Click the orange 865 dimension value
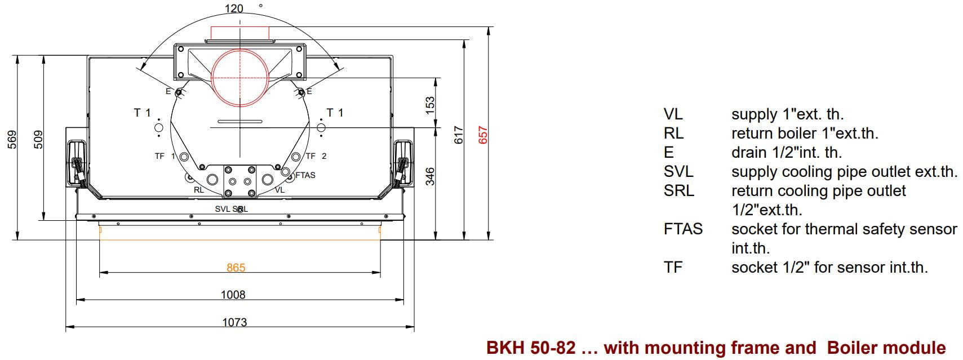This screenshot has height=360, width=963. [236, 268]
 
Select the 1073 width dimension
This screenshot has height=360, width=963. [234, 322]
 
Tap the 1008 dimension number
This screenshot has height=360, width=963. [233, 295]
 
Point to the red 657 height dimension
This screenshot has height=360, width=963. [483, 135]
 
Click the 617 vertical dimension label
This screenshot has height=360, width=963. [459, 135]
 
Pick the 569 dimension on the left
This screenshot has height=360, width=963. [12, 140]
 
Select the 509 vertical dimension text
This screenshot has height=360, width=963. [38, 140]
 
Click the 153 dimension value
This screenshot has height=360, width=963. [430, 106]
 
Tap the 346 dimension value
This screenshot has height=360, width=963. [430, 176]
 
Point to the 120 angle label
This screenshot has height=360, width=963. [234, 8]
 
